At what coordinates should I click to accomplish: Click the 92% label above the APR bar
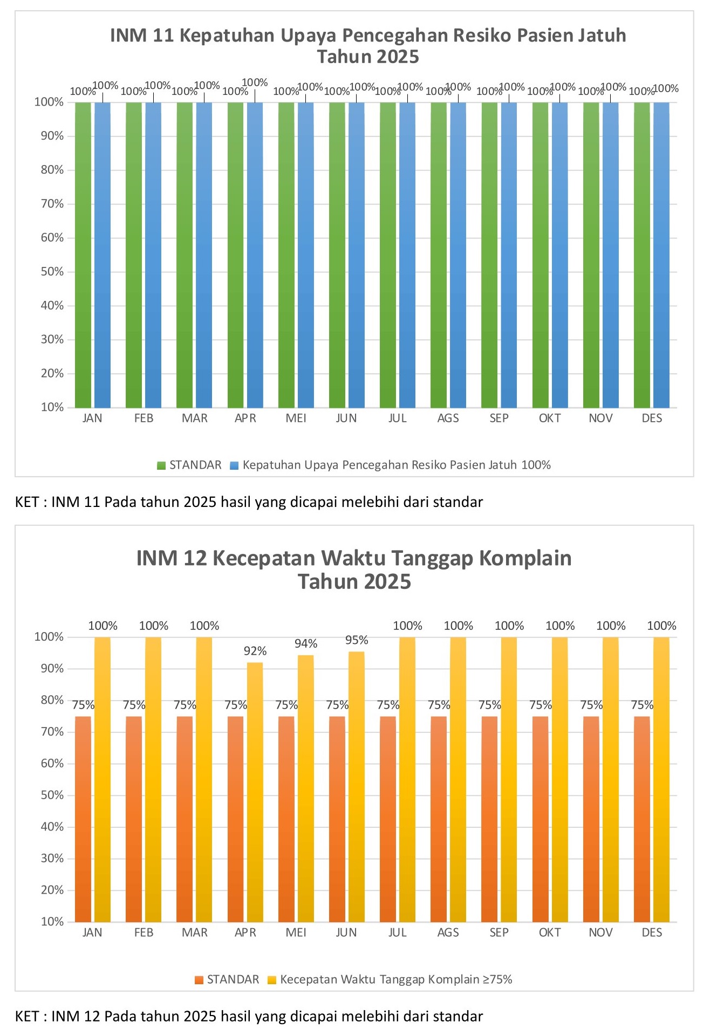tap(255, 651)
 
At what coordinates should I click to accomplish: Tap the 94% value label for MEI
tap(306, 643)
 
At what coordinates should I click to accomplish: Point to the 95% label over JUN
tap(357, 640)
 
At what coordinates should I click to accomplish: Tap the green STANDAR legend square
tap(161, 465)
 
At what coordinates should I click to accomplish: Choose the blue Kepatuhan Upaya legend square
tap(234, 465)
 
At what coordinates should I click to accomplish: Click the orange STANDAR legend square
tap(199, 980)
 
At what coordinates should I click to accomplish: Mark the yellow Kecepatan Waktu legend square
tap(272, 980)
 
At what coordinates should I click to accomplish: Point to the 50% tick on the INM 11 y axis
tap(52, 272)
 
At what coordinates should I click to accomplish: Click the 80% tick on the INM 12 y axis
tap(52, 700)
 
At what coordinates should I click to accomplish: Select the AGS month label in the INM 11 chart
tap(448, 418)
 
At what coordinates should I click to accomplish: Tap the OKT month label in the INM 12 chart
tap(550, 933)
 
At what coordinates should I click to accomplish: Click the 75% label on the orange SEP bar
tap(490, 705)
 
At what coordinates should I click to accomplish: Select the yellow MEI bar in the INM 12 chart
tap(306, 788)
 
